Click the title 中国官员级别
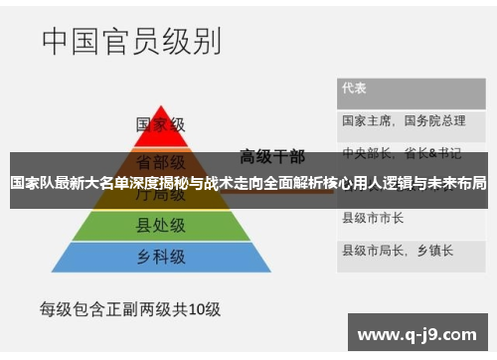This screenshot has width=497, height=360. (131, 42)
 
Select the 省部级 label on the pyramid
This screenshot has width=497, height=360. (160, 160)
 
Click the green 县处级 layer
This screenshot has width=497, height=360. (160, 224)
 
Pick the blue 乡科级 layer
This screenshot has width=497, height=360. (160, 256)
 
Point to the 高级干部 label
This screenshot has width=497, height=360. (270, 156)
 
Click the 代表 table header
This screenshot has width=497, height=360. (355, 88)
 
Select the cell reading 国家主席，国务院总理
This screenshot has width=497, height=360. (404, 120)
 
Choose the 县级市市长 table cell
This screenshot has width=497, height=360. (373, 216)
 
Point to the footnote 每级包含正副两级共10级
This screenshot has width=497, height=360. (129, 308)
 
